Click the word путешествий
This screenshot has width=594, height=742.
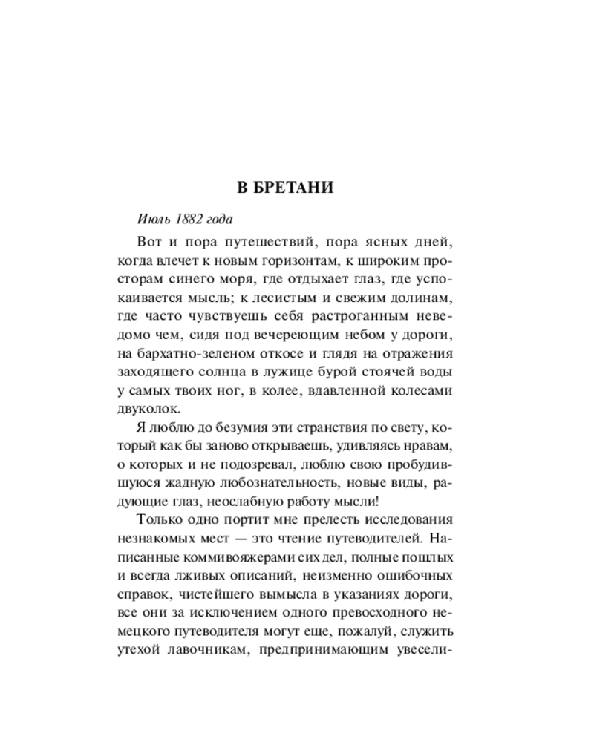point(258,243)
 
